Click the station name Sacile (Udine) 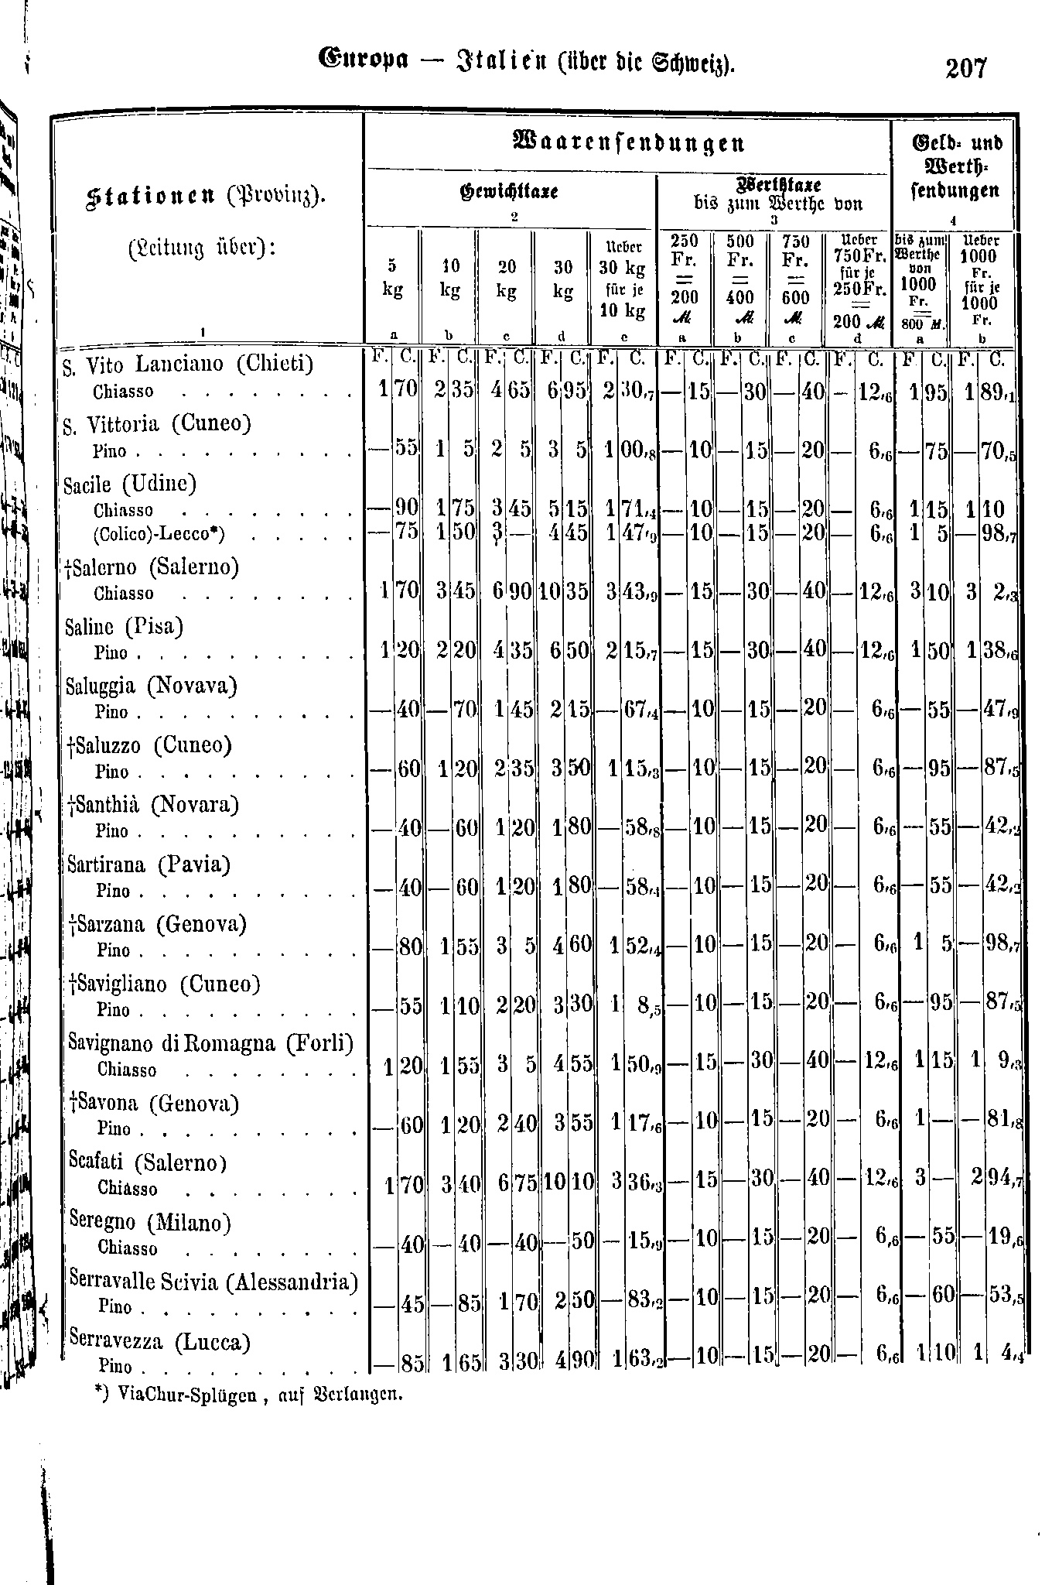click(130, 484)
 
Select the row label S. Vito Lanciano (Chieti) click(189, 363)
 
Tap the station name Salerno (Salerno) click(154, 567)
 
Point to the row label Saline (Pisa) click(125, 625)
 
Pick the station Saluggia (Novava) click(152, 686)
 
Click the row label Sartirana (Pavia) click(149, 864)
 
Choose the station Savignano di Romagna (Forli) click(210, 1043)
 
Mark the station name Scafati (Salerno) click(147, 1162)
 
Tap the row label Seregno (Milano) click(150, 1222)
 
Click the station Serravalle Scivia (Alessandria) click(213, 1282)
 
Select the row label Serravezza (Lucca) click(159, 1341)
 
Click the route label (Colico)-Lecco click(159, 535)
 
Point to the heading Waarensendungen click(628, 143)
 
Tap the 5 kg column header click(392, 279)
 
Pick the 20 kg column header click(506, 279)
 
